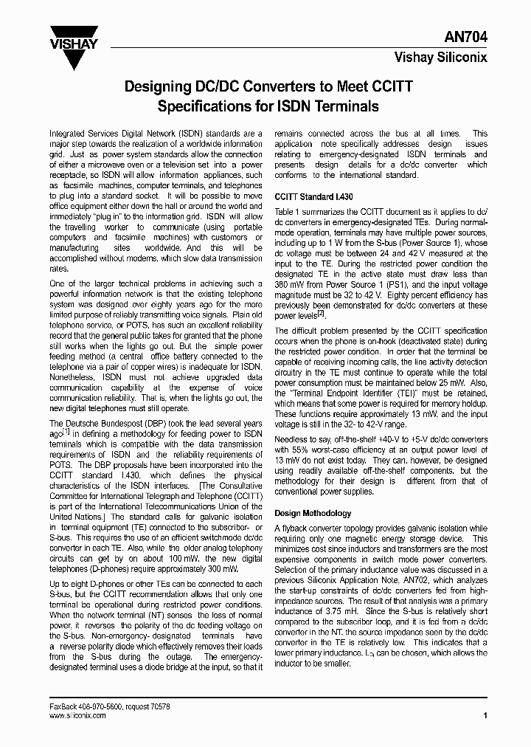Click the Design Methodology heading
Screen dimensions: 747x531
313,513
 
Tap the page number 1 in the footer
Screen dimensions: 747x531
485,715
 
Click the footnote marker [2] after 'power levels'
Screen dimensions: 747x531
322,314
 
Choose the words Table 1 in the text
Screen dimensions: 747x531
289,211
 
